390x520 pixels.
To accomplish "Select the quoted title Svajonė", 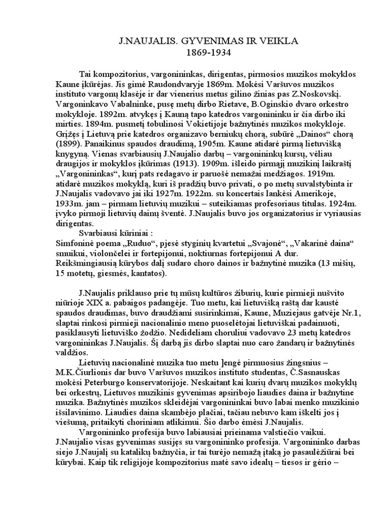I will (x=264, y=253).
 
